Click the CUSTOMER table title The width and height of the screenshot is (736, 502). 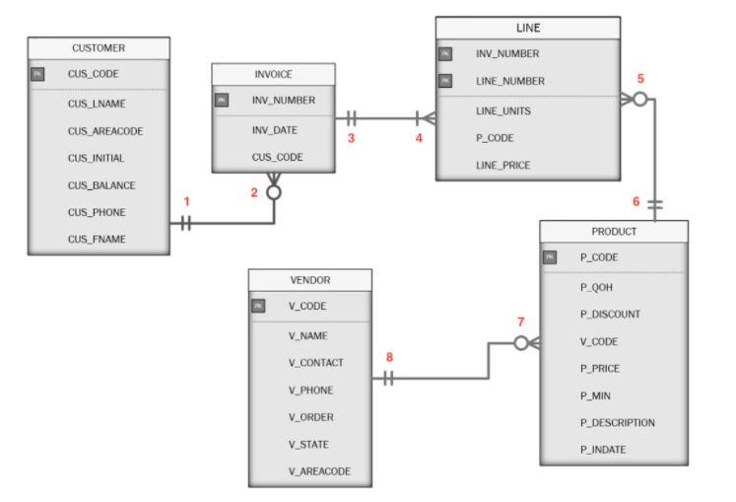coord(98,47)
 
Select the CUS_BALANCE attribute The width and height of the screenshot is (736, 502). coord(100,184)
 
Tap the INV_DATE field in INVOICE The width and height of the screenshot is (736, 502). coord(274,129)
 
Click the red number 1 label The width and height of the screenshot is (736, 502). coord(186,201)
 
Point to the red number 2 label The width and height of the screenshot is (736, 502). coord(254,192)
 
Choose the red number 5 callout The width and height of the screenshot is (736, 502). coord(640,78)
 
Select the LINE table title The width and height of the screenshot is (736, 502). coord(528,28)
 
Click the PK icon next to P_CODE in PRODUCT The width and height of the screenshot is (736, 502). coord(551,257)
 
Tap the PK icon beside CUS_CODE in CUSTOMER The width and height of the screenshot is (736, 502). coord(38,74)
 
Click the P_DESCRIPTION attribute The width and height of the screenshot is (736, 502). coord(617,422)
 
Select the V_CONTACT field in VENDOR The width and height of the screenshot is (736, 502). coord(315,362)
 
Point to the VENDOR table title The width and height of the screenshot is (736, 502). coord(310,280)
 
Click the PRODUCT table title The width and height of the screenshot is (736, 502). coord(613,231)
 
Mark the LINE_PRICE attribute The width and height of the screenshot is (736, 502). coord(503,165)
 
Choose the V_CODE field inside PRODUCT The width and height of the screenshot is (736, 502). coord(598,340)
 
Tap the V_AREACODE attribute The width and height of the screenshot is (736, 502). coord(320,471)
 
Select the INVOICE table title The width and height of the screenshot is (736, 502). coord(273,74)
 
